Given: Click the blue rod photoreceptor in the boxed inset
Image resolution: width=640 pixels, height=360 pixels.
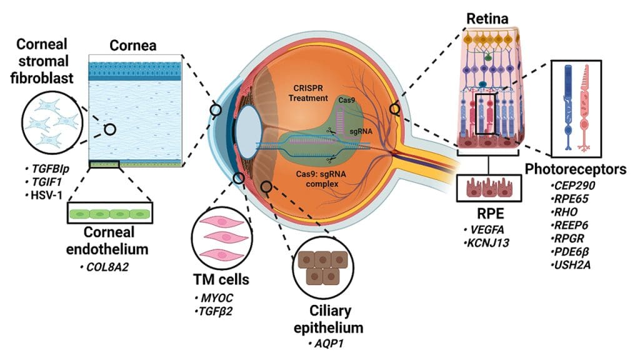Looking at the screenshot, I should tap(569, 107).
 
